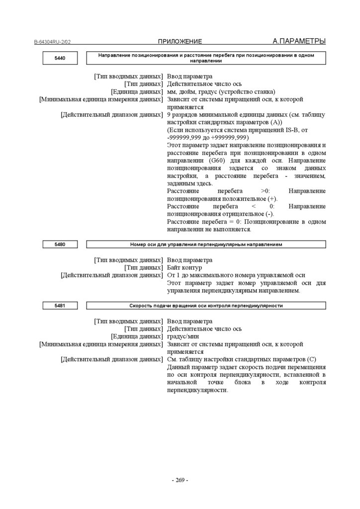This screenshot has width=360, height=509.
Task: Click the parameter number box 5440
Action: [60, 58]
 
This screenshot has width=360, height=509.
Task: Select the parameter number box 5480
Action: [60, 244]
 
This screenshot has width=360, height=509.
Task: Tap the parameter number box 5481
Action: [60, 306]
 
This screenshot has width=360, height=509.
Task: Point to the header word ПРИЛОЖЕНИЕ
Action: [180, 41]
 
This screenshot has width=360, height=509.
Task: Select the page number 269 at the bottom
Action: [180, 480]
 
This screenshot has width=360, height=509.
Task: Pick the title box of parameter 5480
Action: [206, 244]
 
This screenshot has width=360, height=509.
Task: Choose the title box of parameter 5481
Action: [206, 306]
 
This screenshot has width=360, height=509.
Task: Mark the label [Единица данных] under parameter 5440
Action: [136, 92]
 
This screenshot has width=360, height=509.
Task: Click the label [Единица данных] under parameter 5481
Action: [136, 337]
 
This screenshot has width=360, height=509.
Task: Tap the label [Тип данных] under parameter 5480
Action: [143, 267]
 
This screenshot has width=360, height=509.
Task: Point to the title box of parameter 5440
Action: [206, 58]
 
